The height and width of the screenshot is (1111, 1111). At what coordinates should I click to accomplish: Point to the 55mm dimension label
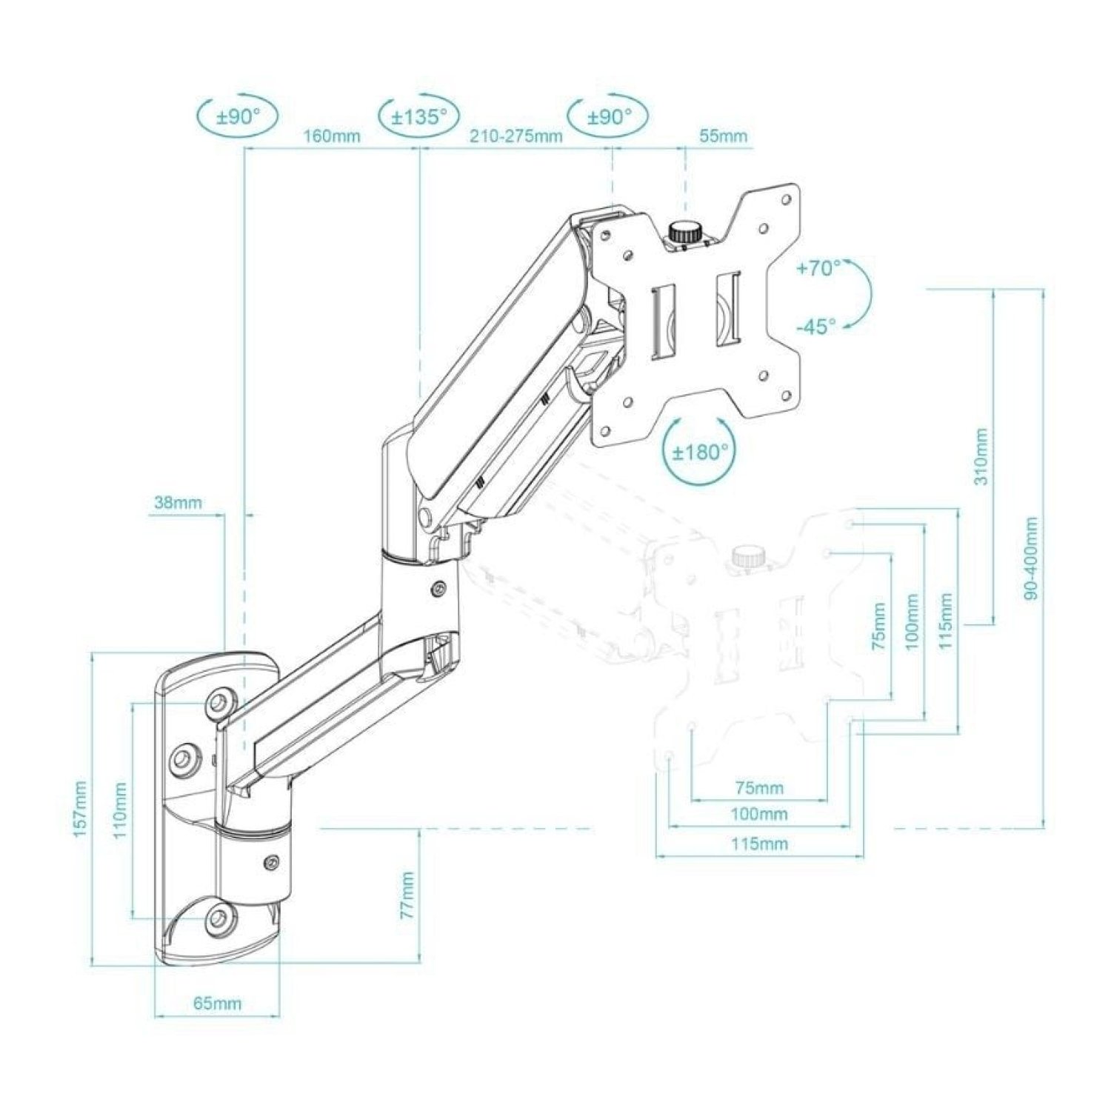[723, 136]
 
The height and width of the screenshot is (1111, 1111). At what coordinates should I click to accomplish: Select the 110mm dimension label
[121, 809]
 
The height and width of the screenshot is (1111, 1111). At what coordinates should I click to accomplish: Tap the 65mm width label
[217, 1004]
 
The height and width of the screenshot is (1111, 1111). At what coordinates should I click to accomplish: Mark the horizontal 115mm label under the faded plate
[759, 844]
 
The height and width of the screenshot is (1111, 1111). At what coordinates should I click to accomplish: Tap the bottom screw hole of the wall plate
[218, 918]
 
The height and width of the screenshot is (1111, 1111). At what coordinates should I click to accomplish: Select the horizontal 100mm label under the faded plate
[759, 815]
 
